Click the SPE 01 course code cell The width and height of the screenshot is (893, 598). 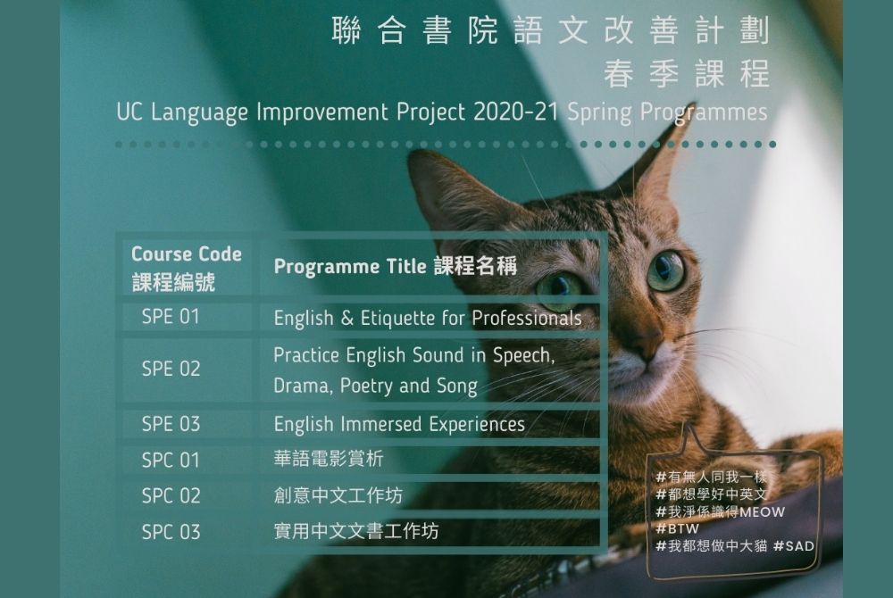(x=171, y=316)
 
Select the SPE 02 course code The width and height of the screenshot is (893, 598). (x=171, y=369)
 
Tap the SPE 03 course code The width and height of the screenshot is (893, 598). (x=171, y=424)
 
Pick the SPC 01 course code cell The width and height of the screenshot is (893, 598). (x=171, y=460)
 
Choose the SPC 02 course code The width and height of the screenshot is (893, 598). (x=171, y=495)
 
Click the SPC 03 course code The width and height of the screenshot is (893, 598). (x=171, y=532)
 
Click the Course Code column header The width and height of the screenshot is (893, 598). (x=187, y=268)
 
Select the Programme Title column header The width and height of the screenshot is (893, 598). (x=396, y=266)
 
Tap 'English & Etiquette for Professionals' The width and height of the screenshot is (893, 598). (x=428, y=318)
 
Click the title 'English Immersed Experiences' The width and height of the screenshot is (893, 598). (x=399, y=424)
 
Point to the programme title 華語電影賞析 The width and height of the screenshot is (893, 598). (x=328, y=459)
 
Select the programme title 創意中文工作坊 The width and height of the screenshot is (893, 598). (x=338, y=495)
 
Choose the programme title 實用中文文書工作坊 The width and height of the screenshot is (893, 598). (x=356, y=531)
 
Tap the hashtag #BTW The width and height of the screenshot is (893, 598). (x=677, y=528)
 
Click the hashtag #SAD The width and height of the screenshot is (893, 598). (x=793, y=545)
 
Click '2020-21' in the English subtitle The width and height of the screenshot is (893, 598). (x=516, y=112)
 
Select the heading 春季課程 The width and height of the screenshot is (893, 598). (x=687, y=74)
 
